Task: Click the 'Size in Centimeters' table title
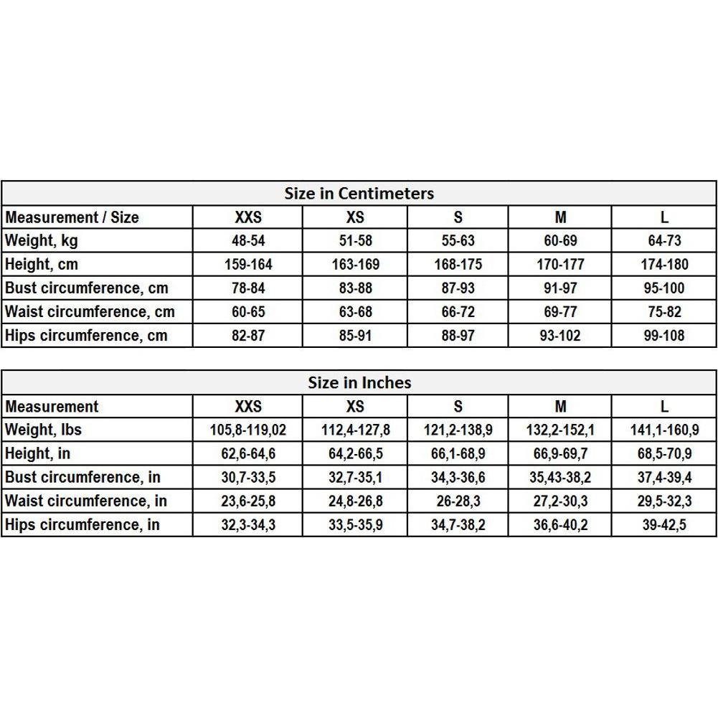(359, 194)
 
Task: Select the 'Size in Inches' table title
(359, 383)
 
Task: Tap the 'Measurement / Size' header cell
(72, 217)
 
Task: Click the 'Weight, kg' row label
(41, 241)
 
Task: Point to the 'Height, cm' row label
(41, 265)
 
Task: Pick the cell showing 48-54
(248, 241)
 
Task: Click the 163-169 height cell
(355, 265)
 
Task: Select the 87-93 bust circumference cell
(458, 288)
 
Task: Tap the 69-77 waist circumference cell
(560, 312)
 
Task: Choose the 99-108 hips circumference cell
(664, 336)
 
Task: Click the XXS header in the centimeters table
(248, 217)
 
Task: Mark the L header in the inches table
(664, 407)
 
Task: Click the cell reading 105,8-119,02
(248, 430)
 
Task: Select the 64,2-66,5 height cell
(355, 454)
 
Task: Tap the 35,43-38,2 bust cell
(560, 478)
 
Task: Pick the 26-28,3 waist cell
(458, 501)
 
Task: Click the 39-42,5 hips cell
(664, 525)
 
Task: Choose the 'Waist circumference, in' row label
(85, 501)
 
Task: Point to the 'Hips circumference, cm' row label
(85, 336)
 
